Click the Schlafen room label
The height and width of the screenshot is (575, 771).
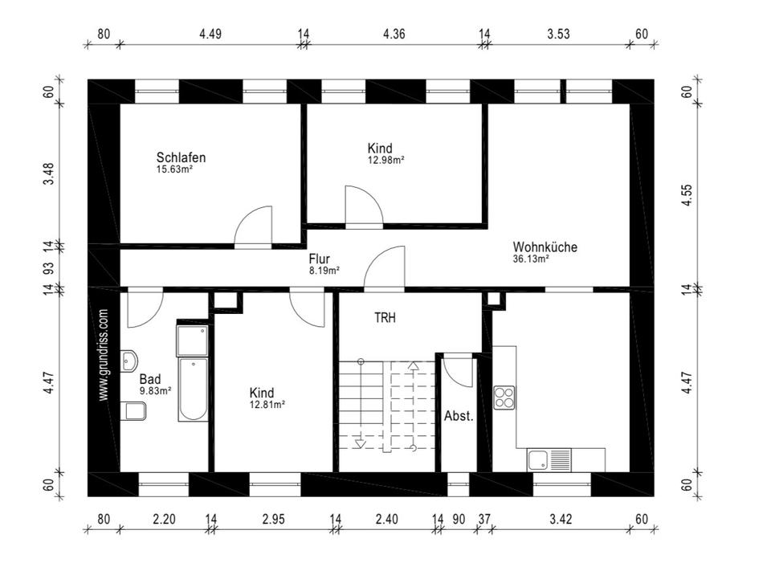tap(181, 157)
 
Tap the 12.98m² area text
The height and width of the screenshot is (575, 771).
tap(386, 160)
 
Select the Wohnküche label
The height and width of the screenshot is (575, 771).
tap(545, 247)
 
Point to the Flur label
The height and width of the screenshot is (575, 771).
tap(319, 259)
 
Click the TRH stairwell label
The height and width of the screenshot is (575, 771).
tap(385, 318)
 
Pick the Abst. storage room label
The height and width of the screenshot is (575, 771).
tap(459, 416)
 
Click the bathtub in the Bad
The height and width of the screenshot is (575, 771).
tap(193, 389)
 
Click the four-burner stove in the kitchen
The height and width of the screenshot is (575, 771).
tap(504, 398)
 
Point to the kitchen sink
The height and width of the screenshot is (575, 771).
tap(549, 460)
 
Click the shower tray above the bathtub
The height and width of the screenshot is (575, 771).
tap(192, 340)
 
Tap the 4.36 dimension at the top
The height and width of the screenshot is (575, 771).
tap(394, 34)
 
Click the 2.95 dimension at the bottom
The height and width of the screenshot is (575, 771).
tap(273, 519)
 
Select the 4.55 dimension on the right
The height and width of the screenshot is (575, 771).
tap(687, 195)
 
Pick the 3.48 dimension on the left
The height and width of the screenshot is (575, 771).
tap(48, 174)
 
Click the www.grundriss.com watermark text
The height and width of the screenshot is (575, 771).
tap(104, 355)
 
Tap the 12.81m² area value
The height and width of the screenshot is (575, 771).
tap(267, 405)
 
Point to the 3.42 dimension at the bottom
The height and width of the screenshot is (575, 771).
tap(561, 519)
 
